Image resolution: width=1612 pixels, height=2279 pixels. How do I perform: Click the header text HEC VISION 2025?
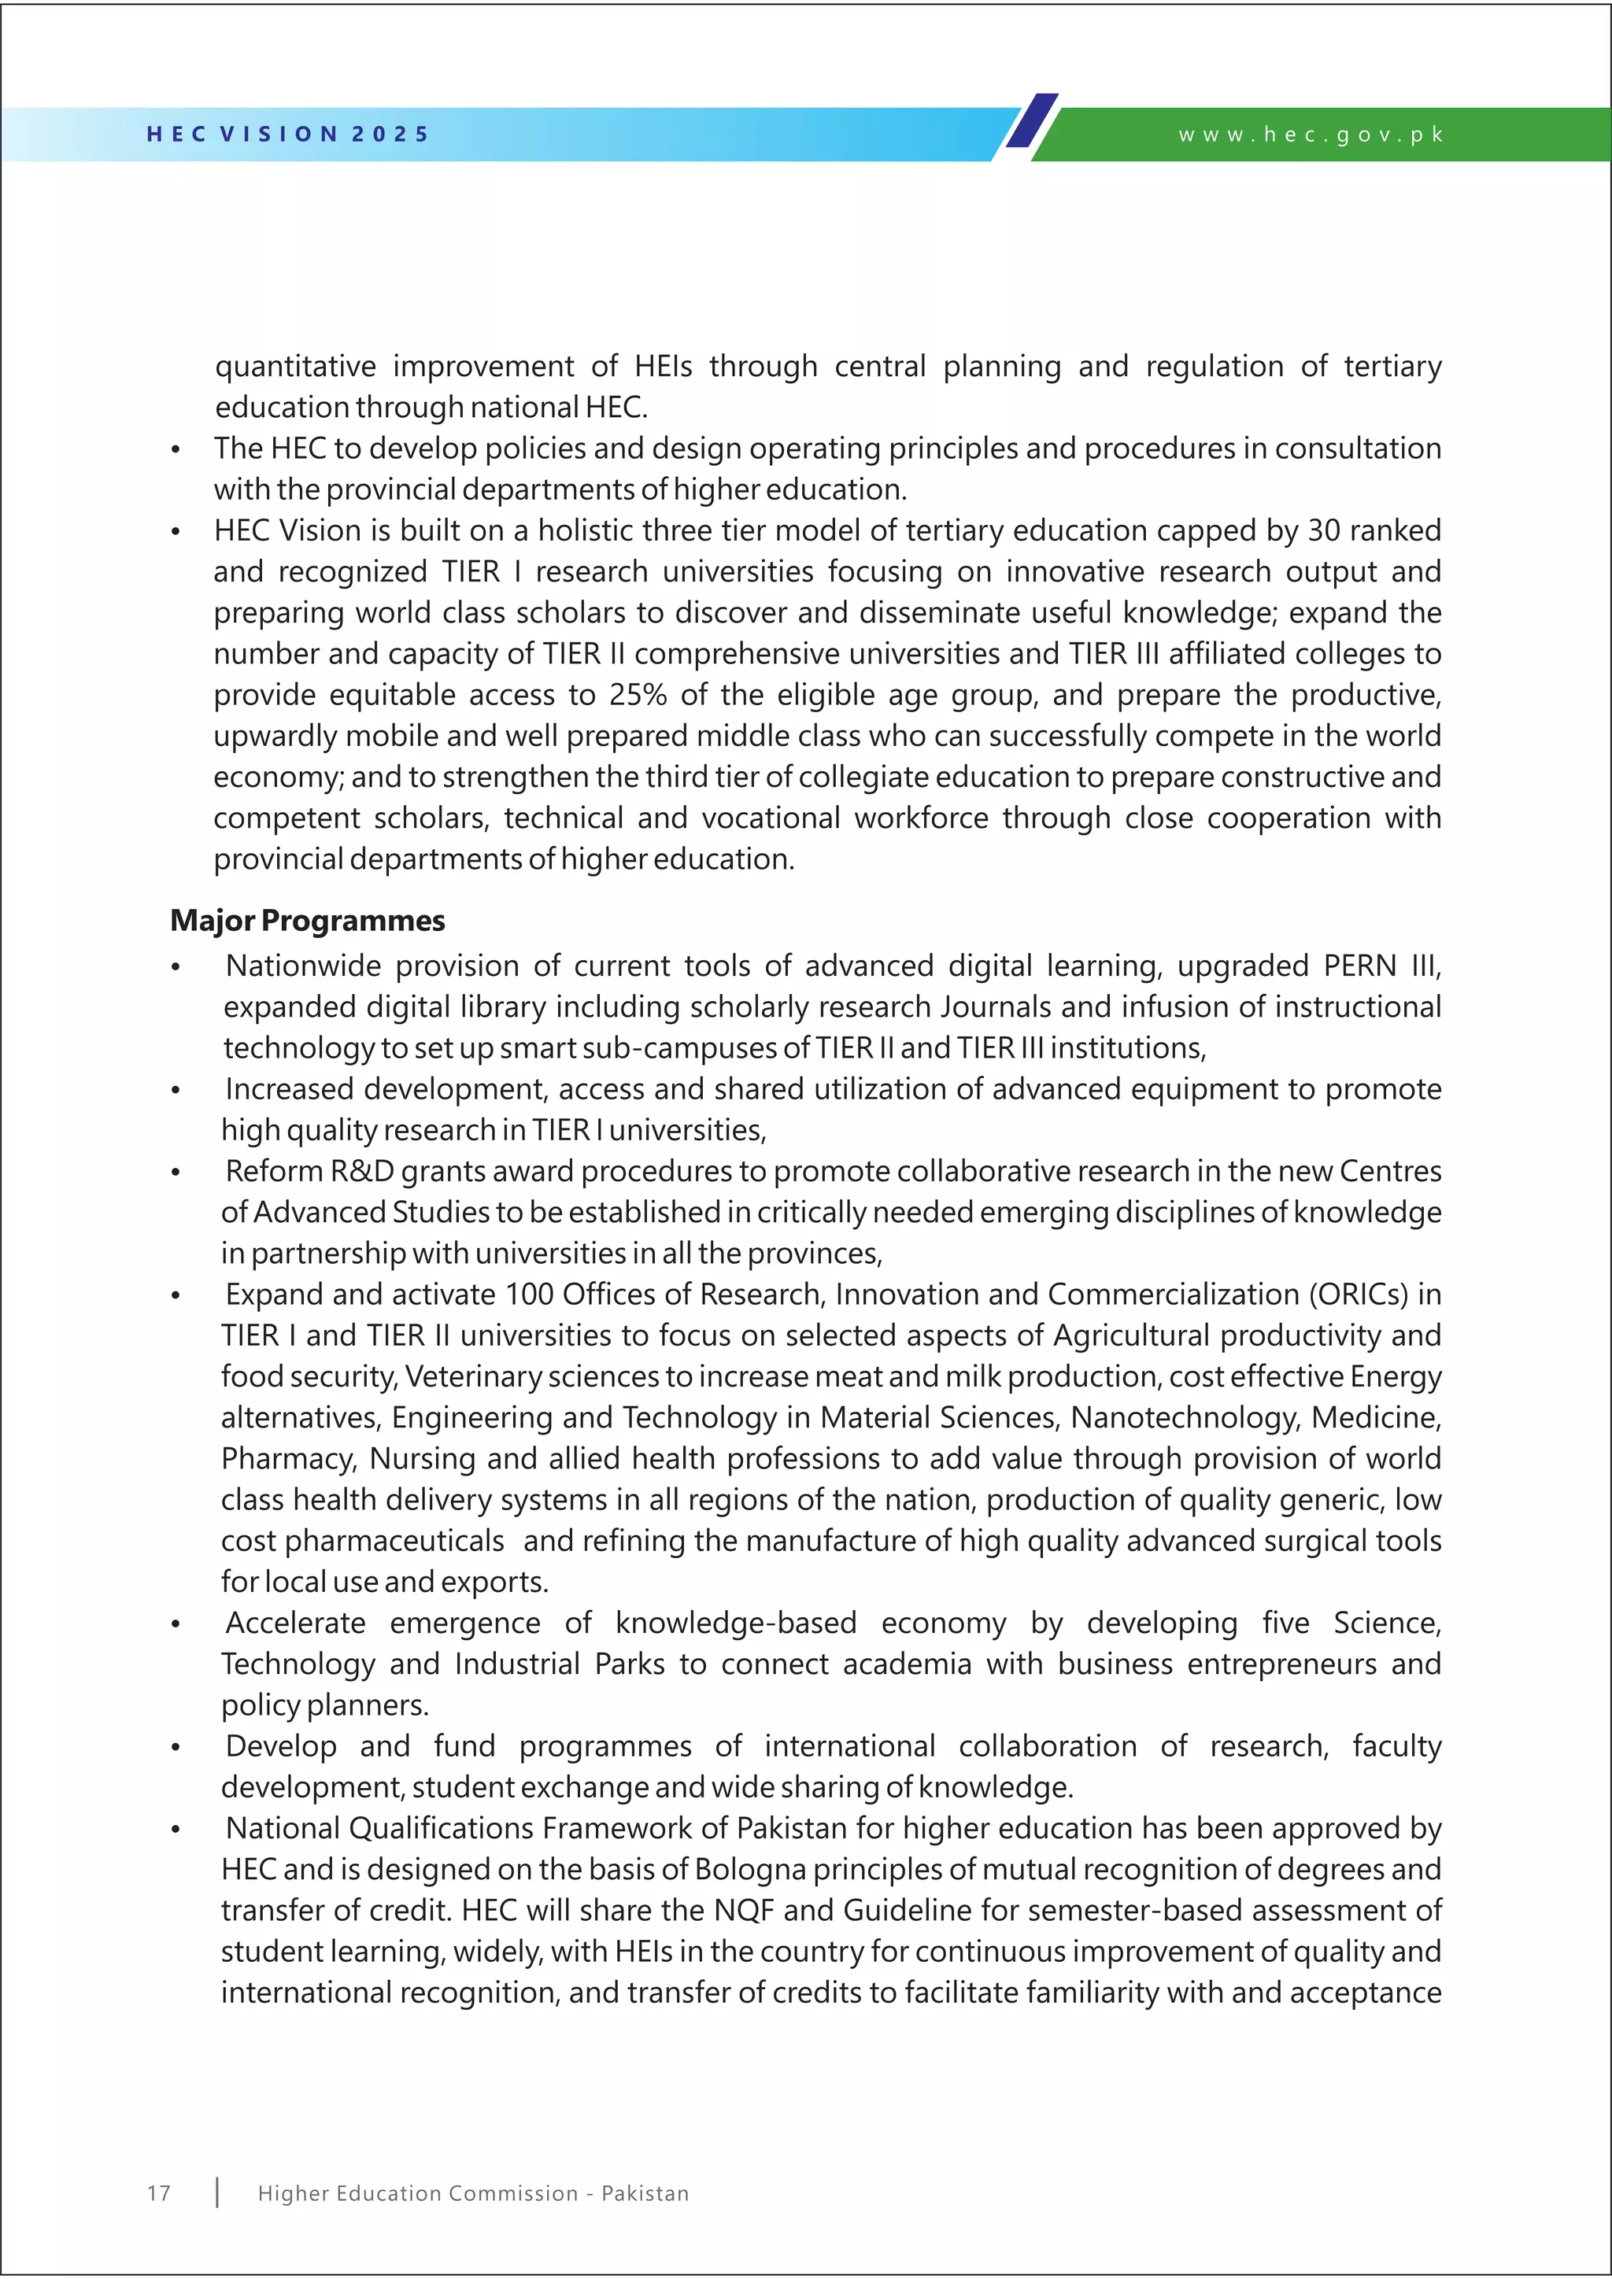tap(288, 134)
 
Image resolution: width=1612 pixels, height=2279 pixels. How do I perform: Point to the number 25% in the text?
tap(638, 695)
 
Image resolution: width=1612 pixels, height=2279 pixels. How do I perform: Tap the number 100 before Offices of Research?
tap(529, 1295)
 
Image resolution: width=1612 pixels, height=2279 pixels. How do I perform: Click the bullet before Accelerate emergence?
tap(176, 1626)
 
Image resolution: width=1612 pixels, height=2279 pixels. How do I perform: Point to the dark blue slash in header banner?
tap(1033, 121)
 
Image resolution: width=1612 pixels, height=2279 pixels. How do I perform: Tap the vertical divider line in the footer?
tap(217, 2192)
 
